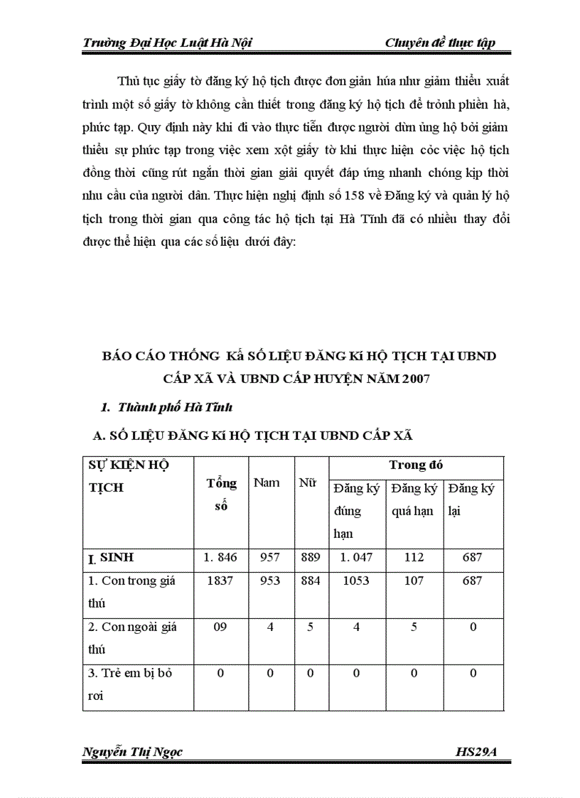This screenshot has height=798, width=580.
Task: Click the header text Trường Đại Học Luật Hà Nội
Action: [167, 43]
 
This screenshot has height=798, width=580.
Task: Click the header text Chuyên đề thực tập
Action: [439, 43]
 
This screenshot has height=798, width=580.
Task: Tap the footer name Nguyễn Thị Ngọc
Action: [133, 753]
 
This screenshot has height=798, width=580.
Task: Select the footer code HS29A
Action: [483, 753]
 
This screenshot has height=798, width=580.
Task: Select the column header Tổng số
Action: [221, 493]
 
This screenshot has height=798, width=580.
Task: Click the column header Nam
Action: [267, 483]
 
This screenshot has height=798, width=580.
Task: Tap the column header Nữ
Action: [307, 483]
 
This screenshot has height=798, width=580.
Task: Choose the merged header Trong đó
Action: [416, 465]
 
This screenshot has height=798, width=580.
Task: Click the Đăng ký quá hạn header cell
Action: [413, 500]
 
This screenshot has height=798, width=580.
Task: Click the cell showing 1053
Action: [355, 581]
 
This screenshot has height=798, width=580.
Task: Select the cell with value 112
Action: [413, 559]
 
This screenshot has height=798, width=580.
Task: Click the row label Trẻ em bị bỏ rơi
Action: [130, 684]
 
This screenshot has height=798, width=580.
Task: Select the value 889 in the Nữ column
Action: [310, 559]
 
